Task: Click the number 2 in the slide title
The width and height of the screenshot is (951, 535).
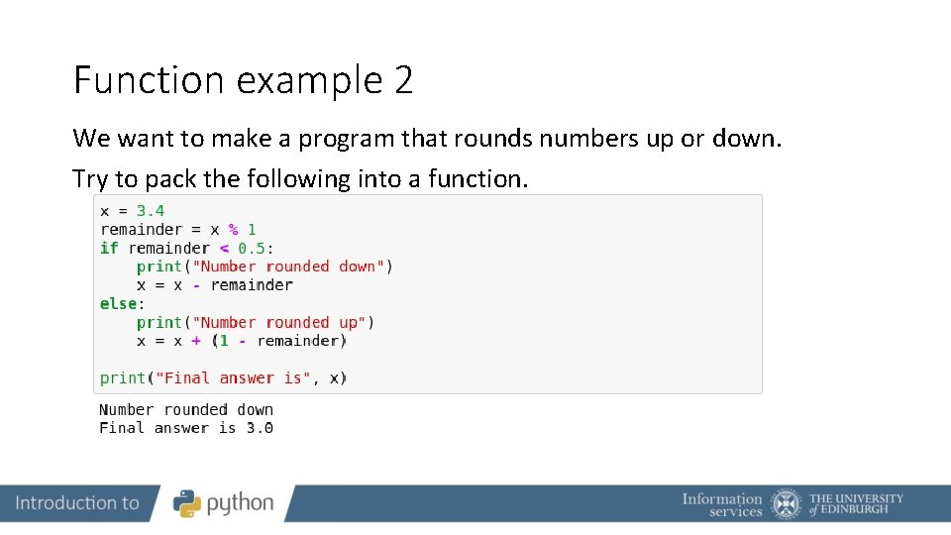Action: tap(402, 80)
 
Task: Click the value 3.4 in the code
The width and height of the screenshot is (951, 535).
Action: tap(151, 211)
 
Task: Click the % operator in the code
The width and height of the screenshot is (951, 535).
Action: tap(234, 229)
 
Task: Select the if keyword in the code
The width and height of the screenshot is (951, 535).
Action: tap(109, 248)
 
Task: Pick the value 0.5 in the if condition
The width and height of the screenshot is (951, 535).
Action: tap(252, 248)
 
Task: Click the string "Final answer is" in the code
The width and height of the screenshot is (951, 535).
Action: tap(233, 378)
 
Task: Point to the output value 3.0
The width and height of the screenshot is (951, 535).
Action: tap(260, 428)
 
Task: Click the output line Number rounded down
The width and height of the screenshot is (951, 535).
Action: tap(186, 409)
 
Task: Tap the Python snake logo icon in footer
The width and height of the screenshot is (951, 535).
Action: tap(187, 503)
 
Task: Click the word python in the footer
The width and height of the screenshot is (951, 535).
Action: tap(240, 504)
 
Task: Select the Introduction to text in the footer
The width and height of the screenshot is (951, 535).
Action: tap(77, 503)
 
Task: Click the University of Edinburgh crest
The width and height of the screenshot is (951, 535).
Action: tap(787, 503)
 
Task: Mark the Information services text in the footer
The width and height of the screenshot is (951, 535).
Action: tap(722, 504)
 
